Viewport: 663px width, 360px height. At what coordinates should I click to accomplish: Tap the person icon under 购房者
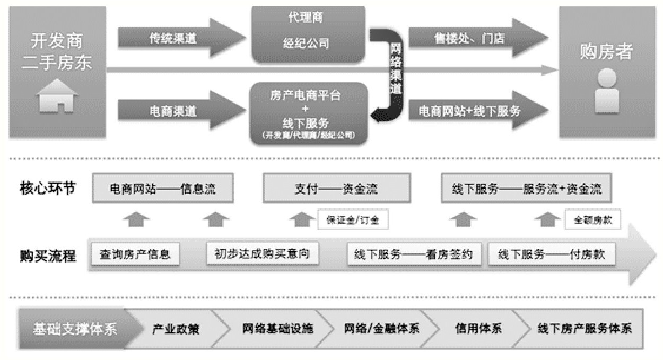coord(607,92)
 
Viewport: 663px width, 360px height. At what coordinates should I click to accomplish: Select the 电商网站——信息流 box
coord(163,189)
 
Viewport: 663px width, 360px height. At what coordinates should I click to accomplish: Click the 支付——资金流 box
coord(336,189)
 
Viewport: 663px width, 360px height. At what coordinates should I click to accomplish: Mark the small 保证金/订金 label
coord(353,219)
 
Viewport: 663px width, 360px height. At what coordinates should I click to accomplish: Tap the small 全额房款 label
coord(592,219)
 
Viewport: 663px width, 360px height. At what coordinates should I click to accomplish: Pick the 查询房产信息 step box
coord(135,254)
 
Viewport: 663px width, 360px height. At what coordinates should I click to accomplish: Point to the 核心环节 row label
coord(48,188)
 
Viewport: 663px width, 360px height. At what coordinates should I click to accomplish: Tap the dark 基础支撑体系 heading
coord(74,328)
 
